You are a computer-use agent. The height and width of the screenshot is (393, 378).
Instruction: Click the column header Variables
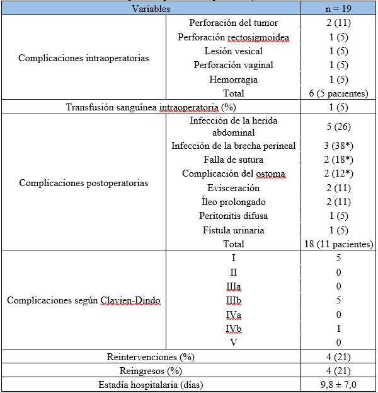[151, 9]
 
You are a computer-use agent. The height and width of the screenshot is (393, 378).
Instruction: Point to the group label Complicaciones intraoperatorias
[84, 58]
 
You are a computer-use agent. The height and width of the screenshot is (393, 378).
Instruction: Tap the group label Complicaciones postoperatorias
[84, 183]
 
